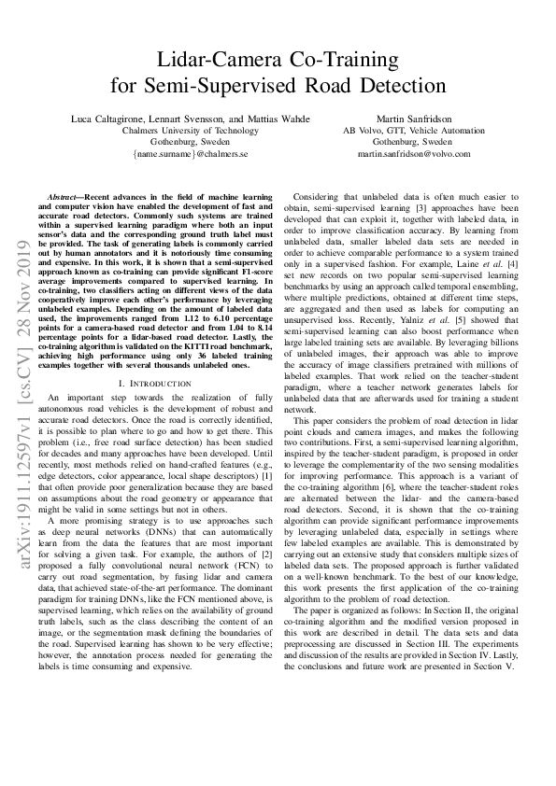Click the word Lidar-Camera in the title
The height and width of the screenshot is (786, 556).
coord(209,61)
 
